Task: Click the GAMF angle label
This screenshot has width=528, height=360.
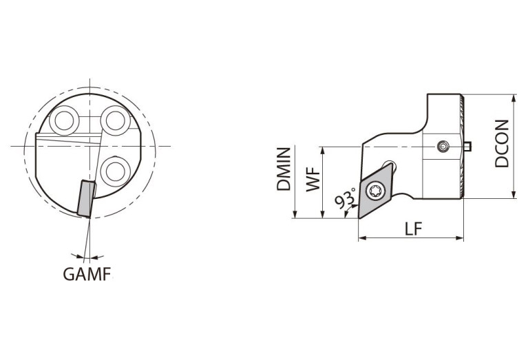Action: pyautogui.click(x=87, y=274)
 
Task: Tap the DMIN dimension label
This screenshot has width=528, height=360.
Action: pyautogui.click(x=284, y=169)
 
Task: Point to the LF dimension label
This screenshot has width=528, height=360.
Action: pyautogui.click(x=413, y=229)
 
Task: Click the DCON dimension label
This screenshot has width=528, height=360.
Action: pyautogui.click(x=502, y=143)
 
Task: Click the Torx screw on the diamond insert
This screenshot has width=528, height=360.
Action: pyautogui.click(x=375, y=191)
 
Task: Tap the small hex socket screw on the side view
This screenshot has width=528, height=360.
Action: pyautogui.click(x=443, y=147)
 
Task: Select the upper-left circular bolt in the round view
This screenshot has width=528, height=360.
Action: pyautogui.click(x=64, y=120)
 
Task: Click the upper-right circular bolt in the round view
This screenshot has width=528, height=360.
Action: pyautogui.click(x=116, y=120)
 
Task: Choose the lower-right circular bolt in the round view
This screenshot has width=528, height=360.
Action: pyautogui.click(x=116, y=171)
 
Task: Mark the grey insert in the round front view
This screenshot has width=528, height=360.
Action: pyautogui.click(x=86, y=198)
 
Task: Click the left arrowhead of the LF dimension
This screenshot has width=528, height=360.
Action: pyautogui.click(x=362, y=238)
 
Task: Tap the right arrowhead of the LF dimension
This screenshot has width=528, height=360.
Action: pyautogui.click(x=460, y=238)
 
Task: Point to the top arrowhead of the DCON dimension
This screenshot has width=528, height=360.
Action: pyautogui.click(x=514, y=98)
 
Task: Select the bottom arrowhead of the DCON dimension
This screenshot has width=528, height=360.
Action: pyautogui.click(x=514, y=194)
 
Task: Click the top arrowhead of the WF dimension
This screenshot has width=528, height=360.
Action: pyautogui.click(x=323, y=151)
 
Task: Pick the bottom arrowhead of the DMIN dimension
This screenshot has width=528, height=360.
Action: pyautogui.click(x=295, y=214)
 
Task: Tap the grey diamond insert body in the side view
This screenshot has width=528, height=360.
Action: pyautogui.click(x=375, y=191)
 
